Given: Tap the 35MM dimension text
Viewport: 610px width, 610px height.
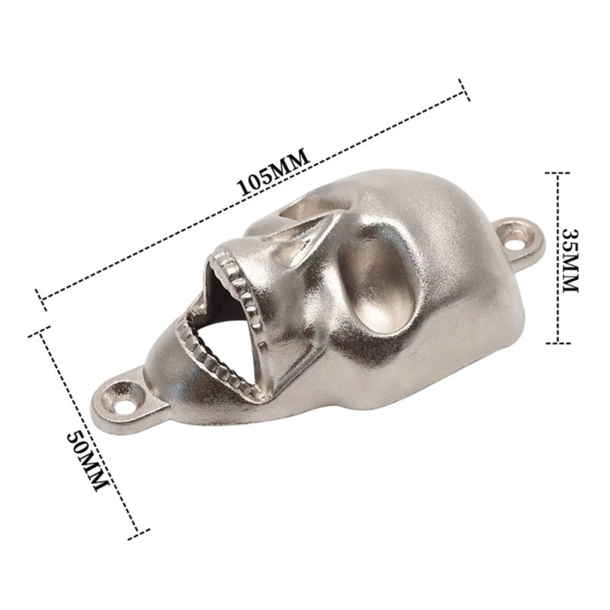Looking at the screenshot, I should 571,261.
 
